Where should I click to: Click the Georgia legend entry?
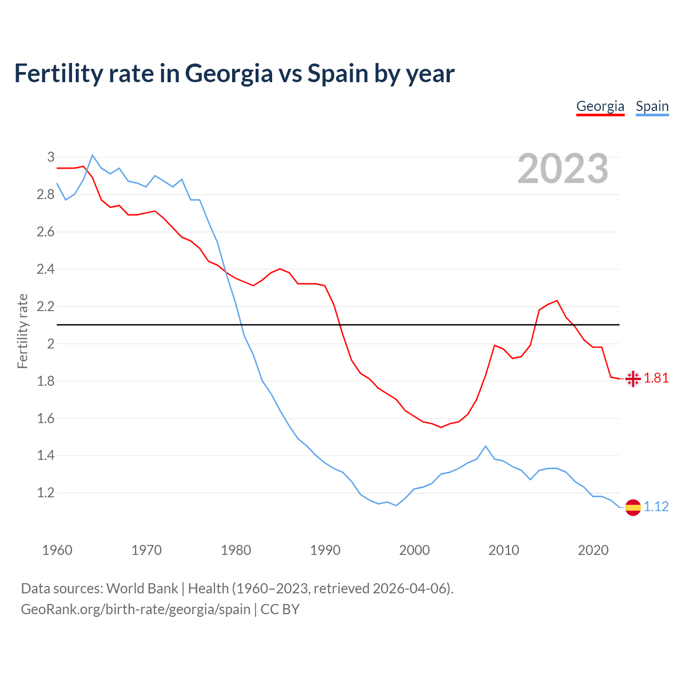(x=600, y=106)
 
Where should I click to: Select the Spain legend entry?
(x=652, y=106)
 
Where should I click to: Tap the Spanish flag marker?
(x=633, y=507)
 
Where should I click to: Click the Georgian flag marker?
(x=633, y=379)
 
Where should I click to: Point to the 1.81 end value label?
(x=656, y=378)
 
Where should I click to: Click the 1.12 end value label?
(x=656, y=507)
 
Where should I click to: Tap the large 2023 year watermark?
(x=563, y=169)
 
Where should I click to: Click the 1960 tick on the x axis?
(x=57, y=550)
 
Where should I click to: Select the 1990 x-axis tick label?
(x=325, y=550)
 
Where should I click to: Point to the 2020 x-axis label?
(x=593, y=550)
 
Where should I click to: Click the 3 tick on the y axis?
(x=51, y=157)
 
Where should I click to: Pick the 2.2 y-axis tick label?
(x=45, y=306)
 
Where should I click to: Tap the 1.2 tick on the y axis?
(x=45, y=493)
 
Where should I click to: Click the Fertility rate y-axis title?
(x=22, y=331)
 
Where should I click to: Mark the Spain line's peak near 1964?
(x=92, y=155)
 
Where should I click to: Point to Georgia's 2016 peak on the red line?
(x=557, y=300)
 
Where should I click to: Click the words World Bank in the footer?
(x=142, y=589)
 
